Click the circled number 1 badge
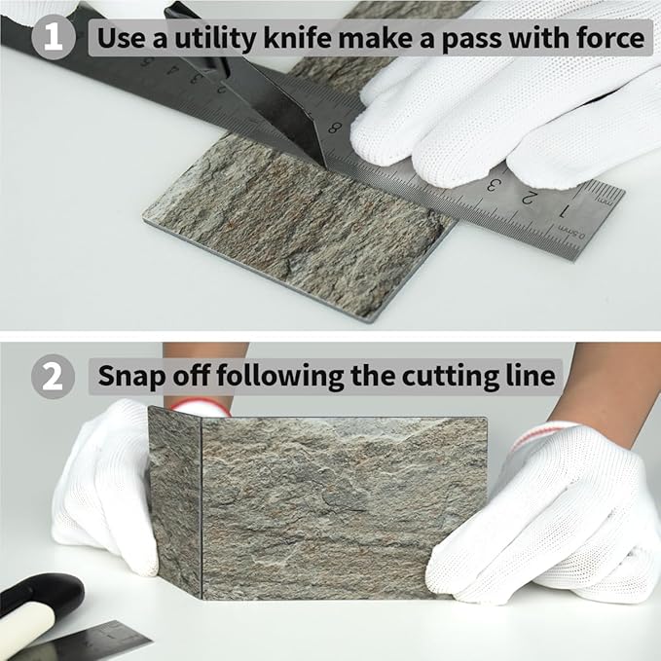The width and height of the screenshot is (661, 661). [54, 37]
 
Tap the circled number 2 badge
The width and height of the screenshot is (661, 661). [54, 377]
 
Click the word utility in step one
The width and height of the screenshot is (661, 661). [215, 39]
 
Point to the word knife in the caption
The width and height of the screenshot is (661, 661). [298, 38]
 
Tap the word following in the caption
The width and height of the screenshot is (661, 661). [280, 377]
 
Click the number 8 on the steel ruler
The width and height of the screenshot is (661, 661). [334, 127]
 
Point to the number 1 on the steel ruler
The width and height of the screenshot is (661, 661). [565, 210]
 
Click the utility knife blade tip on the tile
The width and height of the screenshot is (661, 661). [324, 166]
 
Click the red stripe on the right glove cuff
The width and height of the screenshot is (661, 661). [534, 435]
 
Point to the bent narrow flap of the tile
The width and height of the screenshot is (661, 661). [175, 501]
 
